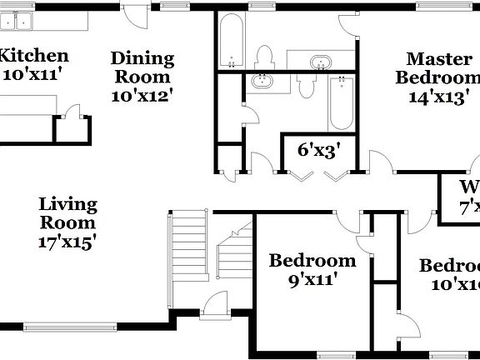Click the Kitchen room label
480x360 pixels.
(33, 57)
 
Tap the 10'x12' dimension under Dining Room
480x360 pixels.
(142, 94)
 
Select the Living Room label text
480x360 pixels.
(68, 213)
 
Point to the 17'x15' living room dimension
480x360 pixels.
(68, 242)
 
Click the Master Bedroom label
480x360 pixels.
(438, 67)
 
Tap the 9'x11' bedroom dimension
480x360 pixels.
(312, 280)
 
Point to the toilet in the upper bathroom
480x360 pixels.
(266, 58)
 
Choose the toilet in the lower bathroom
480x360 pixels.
(305, 85)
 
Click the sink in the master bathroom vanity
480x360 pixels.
(320, 62)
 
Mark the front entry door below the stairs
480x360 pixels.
(214, 304)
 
